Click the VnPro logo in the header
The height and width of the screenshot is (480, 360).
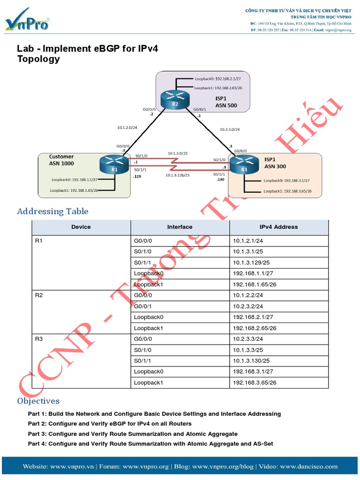pos(27,21)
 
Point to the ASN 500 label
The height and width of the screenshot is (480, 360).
pos(226,105)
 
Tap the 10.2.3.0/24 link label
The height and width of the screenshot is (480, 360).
pos(230,129)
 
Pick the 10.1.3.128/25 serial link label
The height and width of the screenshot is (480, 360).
pos(178,175)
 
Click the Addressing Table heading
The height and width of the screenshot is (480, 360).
pos(52,211)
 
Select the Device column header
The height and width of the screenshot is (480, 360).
pos(81,227)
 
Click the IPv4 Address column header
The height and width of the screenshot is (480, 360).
pos(278,227)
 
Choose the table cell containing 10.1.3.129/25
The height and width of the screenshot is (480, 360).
pos(278,262)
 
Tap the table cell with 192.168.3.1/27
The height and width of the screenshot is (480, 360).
pos(278,372)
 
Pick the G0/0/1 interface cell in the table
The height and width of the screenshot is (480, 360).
pos(180,307)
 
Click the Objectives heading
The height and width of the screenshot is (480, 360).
pos(38,401)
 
